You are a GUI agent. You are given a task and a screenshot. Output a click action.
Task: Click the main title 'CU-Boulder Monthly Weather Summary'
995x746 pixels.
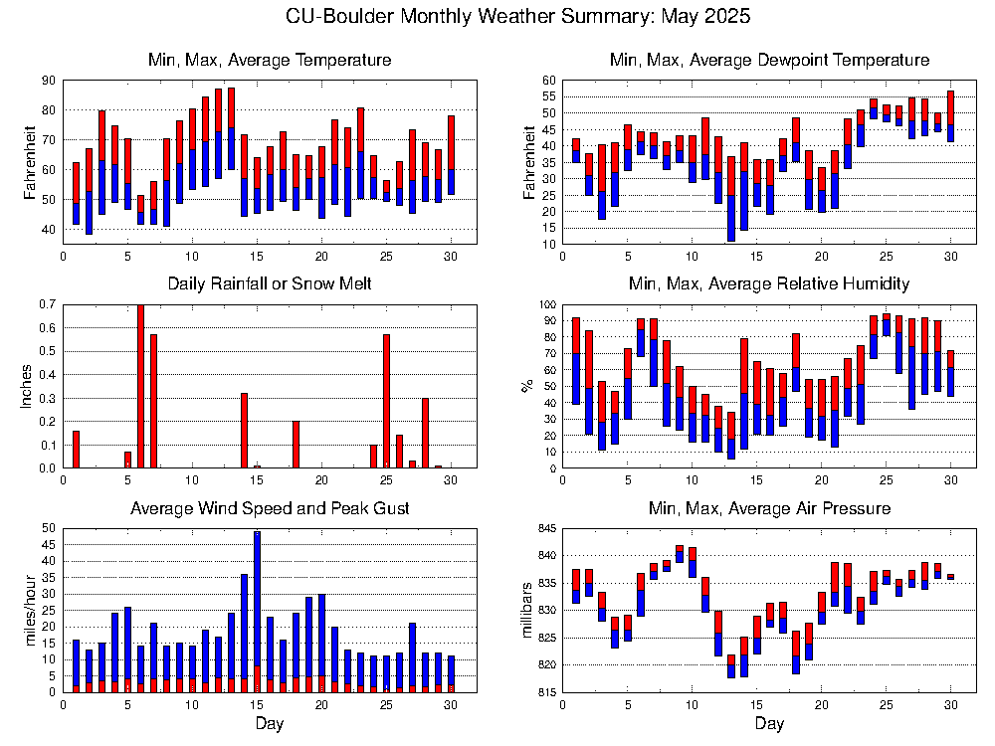(517, 17)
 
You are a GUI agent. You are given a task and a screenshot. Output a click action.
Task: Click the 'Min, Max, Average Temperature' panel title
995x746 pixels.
(270, 61)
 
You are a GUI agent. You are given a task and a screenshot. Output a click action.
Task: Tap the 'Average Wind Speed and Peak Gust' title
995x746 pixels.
(270, 508)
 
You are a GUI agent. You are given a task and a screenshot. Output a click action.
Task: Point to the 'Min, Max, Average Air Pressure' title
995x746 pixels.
(768, 508)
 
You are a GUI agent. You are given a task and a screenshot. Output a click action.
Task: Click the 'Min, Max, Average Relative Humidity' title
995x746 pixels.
(768, 284)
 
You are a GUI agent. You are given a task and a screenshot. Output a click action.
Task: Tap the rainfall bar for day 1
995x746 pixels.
(76, 449)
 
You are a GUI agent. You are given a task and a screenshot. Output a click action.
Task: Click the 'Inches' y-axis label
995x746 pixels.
(28, 386)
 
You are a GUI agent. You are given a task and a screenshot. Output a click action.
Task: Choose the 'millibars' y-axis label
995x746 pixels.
(526, 610)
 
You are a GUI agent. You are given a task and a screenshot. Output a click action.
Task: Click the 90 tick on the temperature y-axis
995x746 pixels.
(49, 81)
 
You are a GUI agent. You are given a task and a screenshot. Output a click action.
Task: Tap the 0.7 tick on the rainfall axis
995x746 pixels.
(47, 304)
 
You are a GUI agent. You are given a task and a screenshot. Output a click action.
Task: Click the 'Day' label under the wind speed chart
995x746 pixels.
(270, 723)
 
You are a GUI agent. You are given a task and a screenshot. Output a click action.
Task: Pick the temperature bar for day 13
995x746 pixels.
(231, 129)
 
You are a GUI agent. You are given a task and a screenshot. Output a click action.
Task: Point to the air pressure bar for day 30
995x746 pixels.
(950, 577)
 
